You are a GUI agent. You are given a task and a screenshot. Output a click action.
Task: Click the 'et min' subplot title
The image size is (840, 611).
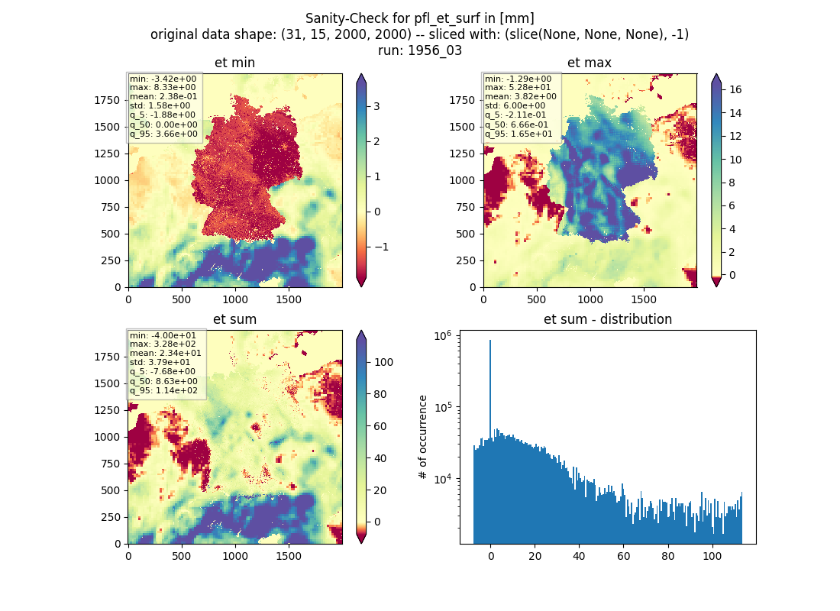(234, 63)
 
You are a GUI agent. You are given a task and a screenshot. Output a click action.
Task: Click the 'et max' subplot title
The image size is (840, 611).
(590, 63)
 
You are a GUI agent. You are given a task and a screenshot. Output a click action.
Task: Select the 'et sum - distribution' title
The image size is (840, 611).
(608, 319)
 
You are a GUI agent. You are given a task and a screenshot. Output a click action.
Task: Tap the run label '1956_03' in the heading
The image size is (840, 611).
(435, 50)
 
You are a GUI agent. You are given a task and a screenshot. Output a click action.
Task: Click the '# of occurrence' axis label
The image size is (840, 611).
(423, 438)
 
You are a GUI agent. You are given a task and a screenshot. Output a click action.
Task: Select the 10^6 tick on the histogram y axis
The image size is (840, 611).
(442, 336)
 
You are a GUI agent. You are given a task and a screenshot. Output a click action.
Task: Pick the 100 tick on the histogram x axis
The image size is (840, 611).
(712, 556)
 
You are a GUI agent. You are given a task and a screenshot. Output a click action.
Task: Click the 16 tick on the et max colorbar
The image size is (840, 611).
(735, 89)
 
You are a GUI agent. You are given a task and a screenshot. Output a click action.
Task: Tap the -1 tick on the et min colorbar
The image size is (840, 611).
(380, 247)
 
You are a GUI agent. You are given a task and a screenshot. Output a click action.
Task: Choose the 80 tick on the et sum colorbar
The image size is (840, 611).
(380, 394)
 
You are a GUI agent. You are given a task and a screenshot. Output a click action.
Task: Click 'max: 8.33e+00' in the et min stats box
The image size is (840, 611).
(163, 87)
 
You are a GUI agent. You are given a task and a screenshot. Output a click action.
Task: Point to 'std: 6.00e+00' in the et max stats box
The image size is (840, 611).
(515, 106)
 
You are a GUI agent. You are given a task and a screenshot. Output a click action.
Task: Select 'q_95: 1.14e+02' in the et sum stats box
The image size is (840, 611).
(163, 391)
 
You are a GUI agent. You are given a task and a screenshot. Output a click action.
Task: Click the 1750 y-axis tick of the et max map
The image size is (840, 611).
(462, 100)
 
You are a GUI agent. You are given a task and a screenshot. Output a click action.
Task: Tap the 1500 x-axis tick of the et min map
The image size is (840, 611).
(288, 299)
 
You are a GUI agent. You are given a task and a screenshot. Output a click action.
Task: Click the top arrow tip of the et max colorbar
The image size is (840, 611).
(716, 74)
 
